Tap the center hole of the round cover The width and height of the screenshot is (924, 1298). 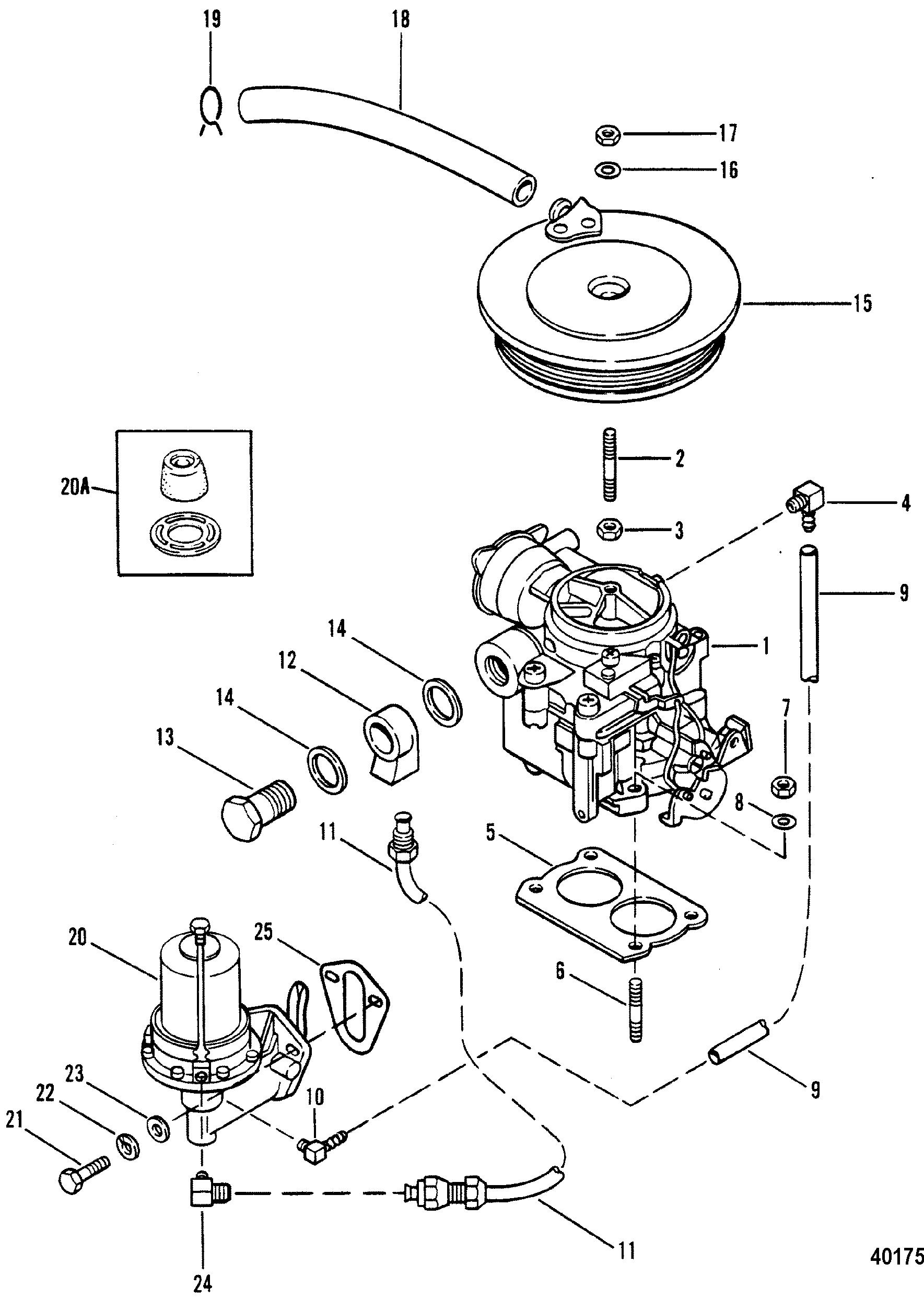[608, 289]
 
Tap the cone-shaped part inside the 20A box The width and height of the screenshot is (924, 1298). [182, 477]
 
